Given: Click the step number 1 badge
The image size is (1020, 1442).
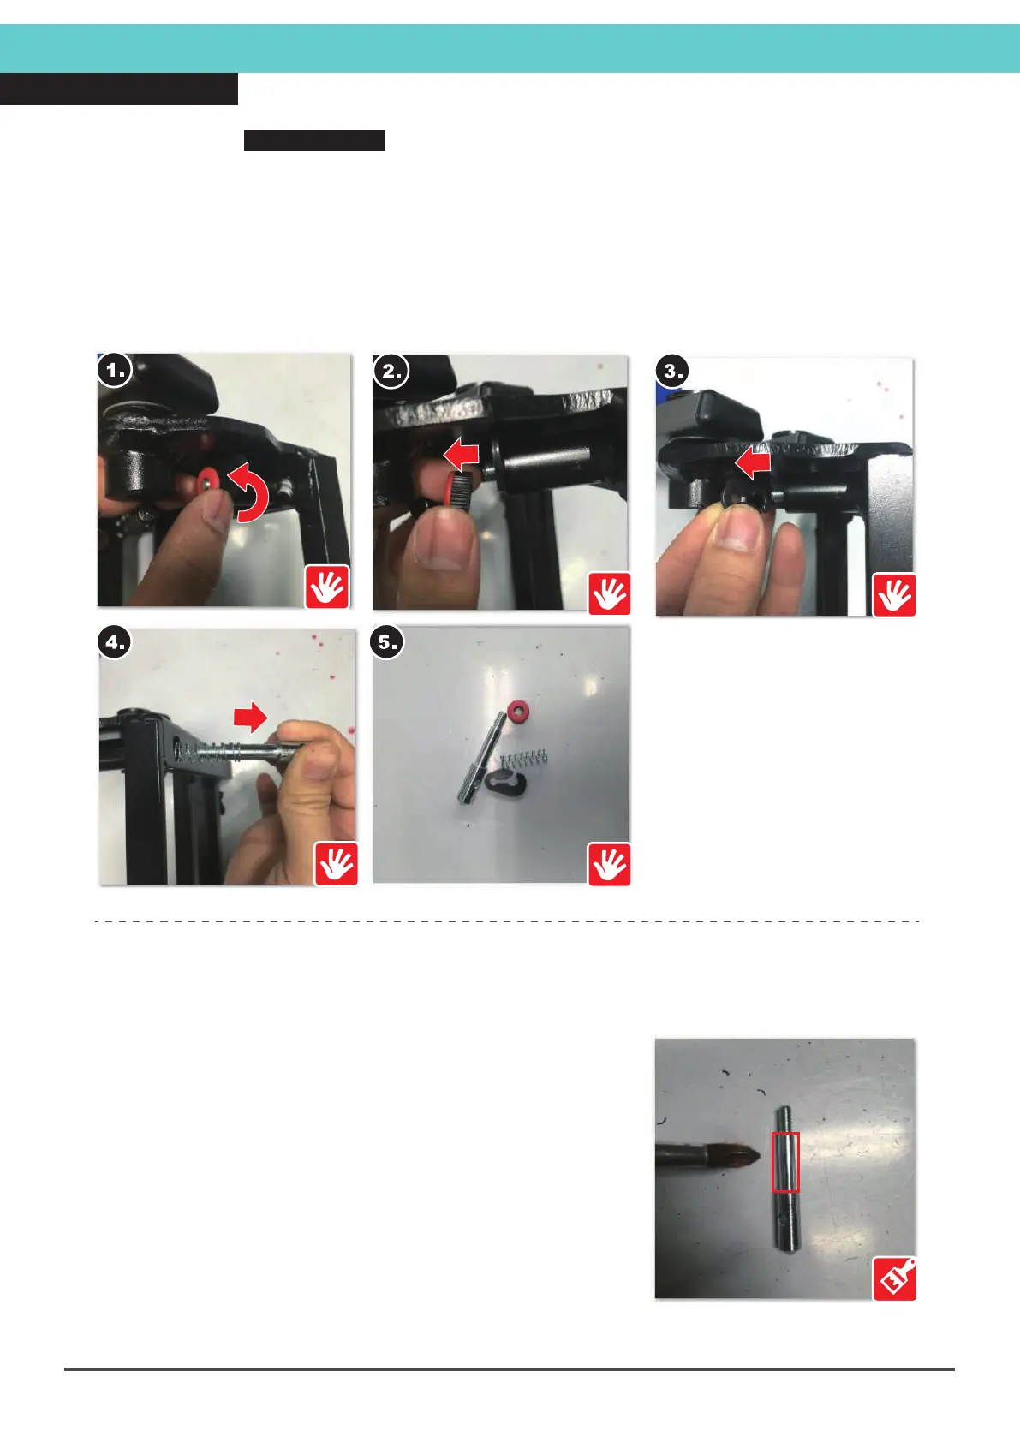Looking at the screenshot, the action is point(115,370).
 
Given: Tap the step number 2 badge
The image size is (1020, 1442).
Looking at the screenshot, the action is point(391,372).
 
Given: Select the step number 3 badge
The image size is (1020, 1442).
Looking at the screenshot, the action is point(672,372).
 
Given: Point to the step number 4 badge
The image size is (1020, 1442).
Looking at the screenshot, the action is point(115,642).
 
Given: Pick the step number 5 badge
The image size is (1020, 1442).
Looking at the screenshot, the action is point(387,642).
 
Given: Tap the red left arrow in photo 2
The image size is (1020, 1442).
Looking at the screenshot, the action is point(462,454).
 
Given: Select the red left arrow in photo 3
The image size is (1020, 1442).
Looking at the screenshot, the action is point(753,463).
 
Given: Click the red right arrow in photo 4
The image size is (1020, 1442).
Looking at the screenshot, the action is point(250,717).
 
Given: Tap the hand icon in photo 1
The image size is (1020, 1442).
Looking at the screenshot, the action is point(327,587).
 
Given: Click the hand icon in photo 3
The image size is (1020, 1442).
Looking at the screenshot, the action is point(894,595).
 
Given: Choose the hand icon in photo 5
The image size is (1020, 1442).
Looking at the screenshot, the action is point(609,864).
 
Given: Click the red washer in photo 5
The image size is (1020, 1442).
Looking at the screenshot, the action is point(518,711).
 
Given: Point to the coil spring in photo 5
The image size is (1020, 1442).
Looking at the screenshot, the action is point(524,759).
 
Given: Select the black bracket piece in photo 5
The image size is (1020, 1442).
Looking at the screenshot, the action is point(508,784).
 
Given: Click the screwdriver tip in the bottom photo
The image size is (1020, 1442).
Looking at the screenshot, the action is point(757,1155).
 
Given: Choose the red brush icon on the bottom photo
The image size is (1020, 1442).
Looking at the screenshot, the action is point(894,1278).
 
